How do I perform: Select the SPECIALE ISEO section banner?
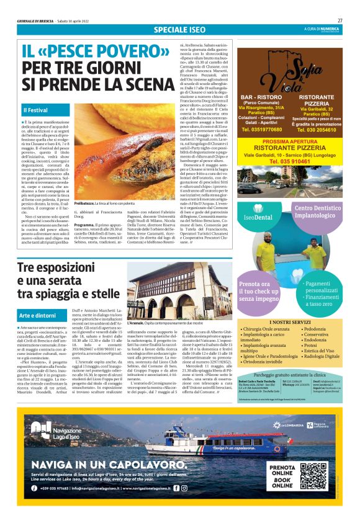point(180,29)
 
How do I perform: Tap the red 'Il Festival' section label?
point(36,110)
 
